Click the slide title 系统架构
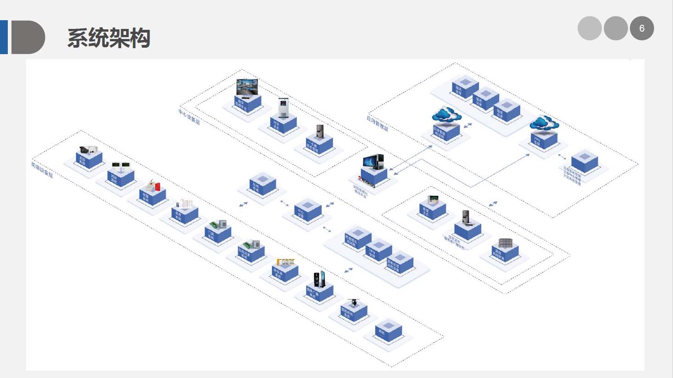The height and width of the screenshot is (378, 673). point(109,38)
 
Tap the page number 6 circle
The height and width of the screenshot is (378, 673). point(641,28)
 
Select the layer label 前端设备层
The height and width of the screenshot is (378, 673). point(42,169)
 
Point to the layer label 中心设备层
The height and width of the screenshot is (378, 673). point(189,117)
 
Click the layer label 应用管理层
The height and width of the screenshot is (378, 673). point(377,122)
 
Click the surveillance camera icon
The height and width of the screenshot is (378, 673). point(89,150)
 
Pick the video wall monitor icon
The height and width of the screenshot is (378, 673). point(247,88)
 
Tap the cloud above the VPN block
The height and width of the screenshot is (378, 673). point(544,123)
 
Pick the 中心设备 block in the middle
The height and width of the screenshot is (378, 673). point(307,210)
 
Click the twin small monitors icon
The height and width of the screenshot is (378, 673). point(121,165)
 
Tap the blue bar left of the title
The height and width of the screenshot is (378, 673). point(4,37)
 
